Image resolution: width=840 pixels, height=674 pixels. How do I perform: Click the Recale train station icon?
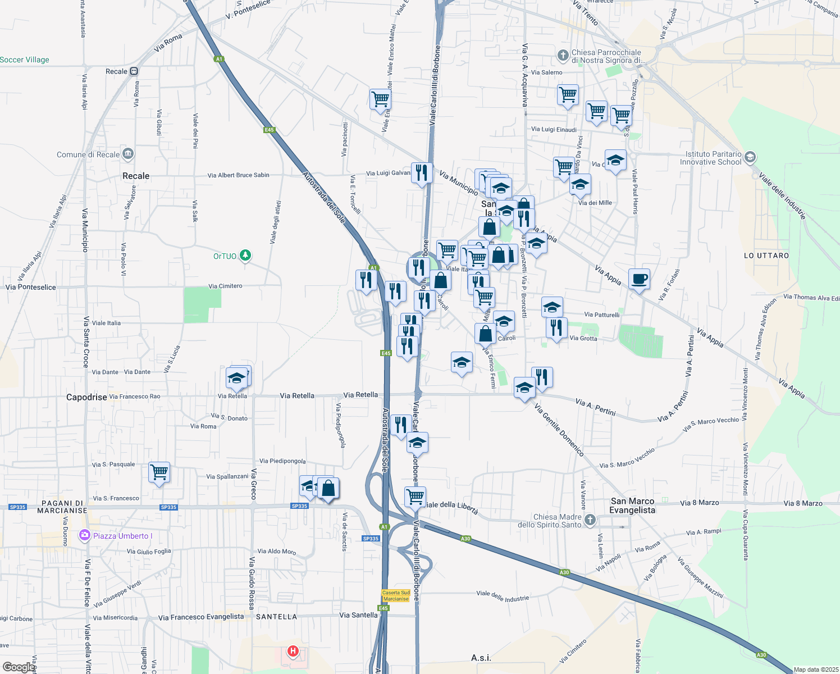pos(134,71)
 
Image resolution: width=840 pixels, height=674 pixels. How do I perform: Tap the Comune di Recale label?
pos(88,154)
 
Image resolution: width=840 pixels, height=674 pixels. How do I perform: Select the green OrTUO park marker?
pos(245,256)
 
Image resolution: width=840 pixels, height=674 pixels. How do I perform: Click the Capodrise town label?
pos(86,397)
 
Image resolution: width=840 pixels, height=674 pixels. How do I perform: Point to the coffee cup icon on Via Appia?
pos(639,279)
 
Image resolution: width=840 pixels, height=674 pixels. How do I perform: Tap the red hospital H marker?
pos(293,652)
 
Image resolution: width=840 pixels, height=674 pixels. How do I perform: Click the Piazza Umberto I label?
pos(122,536)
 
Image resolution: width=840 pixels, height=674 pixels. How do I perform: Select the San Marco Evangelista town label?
pos(632,505)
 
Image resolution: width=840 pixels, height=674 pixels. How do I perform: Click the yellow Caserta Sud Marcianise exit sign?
pos(396,595)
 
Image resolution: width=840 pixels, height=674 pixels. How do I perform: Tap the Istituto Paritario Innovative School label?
pos(710,158)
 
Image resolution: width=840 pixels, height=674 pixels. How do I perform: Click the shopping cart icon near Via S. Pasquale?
pos(159,472)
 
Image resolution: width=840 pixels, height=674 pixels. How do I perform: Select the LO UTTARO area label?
pos(766,256)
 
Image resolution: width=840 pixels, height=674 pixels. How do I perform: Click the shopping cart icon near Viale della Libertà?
pos(415,496)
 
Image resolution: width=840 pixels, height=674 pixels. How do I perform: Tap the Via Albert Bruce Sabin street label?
pos(238,175)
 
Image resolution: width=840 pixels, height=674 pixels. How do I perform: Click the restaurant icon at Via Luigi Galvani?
pos(422,172)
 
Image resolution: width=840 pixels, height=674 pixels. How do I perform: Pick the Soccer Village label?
pos(25,60)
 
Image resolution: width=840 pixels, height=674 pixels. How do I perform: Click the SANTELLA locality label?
pos(276,617)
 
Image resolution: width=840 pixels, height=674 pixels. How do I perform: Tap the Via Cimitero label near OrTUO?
pos(225,286)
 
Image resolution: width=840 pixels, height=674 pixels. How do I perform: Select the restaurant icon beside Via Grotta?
pos(556,327)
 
